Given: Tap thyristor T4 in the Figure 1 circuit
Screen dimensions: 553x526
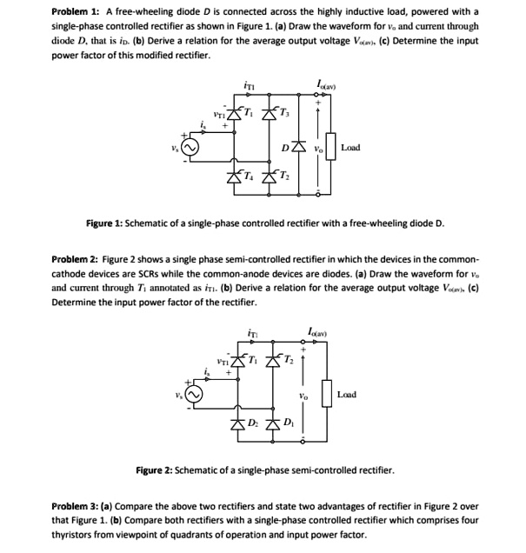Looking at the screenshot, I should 235,180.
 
